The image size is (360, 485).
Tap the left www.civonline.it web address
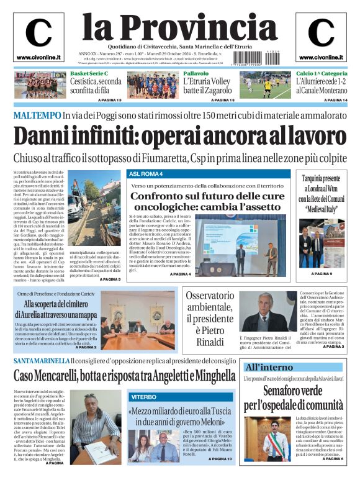coord(38,57)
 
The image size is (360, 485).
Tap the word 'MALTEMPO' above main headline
coord(37,116)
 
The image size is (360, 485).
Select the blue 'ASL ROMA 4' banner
coord(146,174)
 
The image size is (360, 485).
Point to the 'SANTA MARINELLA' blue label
coord(42,361)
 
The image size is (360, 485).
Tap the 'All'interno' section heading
coord(268,367)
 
